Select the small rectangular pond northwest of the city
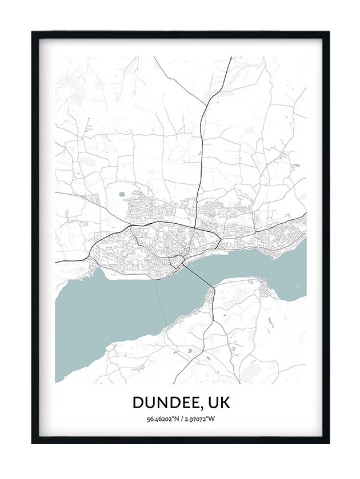click(x=122, y=195)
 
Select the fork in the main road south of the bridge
click(x=213, y=320)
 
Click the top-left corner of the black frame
click(x=33, y=33)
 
